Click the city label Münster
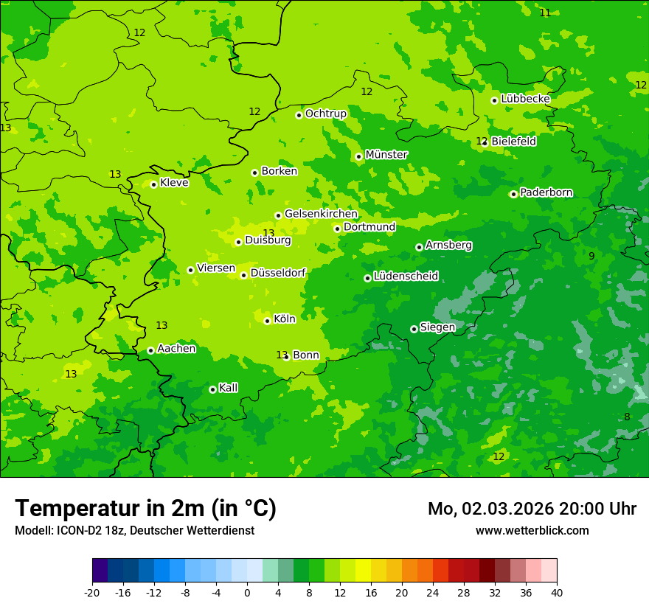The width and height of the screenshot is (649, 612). coord(386,155)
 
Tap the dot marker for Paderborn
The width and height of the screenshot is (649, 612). coord(513,194)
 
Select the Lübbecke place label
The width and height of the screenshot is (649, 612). coord(525,99)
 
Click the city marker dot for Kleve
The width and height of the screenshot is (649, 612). coord(153,184)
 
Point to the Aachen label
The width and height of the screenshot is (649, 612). coord(176,349)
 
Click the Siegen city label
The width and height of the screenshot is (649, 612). coord(437,327)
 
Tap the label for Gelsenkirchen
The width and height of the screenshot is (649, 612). coord(321,214)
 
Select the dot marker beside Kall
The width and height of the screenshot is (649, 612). coord(212,389)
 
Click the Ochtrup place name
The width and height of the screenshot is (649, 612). coord(325,114)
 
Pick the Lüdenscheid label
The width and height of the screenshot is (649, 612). coord(406,277)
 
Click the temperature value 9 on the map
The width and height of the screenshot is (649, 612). coord(591,256)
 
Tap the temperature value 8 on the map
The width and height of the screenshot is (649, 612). coord(627,417)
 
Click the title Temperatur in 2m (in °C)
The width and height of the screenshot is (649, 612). coord(145,508)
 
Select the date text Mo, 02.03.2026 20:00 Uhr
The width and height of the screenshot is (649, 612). coord(532,509)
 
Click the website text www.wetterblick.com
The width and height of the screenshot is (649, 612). coord(532,530)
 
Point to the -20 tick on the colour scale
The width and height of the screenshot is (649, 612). coord(92,592)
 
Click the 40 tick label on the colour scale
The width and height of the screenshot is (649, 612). coord(556,592)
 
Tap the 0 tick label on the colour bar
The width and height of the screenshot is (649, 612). coord(246,592)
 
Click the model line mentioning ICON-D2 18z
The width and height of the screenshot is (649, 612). coord(134,530)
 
